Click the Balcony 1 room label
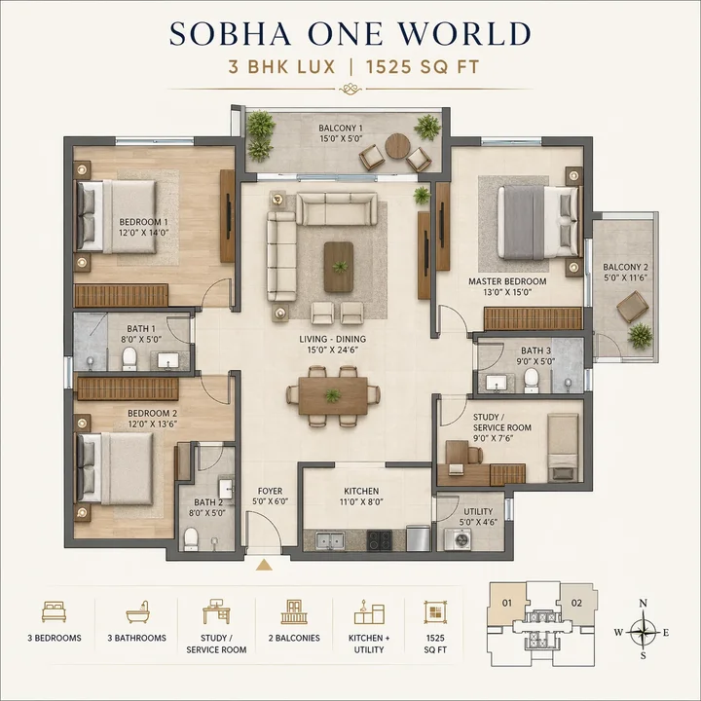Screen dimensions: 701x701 (340, 133)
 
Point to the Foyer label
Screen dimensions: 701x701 (270, 497)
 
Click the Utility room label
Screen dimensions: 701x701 (478, 517)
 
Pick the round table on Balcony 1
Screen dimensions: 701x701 (397, 147)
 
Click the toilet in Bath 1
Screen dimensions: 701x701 (129, 359)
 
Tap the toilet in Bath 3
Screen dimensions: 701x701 (532, 378)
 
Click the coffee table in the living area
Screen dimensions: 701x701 (340, 266)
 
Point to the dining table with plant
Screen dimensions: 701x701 (333, 395)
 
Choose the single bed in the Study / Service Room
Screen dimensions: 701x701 (563, 447)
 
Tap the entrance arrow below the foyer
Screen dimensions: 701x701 (263, 565)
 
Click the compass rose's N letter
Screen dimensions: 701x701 (643, 604)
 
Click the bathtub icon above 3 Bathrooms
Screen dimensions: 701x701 (136, 612)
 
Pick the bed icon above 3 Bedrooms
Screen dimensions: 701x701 (55, 612)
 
